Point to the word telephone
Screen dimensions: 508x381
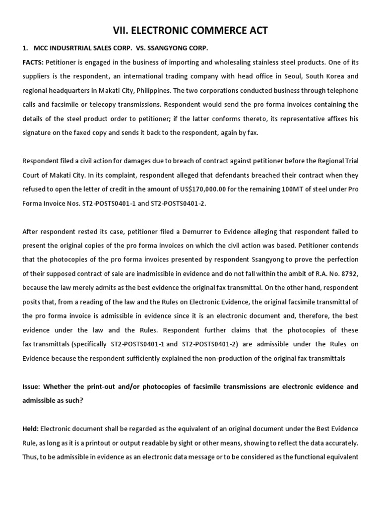pyautogui.click(x=340, y=91)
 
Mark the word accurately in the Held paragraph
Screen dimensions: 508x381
pyautogui.click(x=337, y=443)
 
